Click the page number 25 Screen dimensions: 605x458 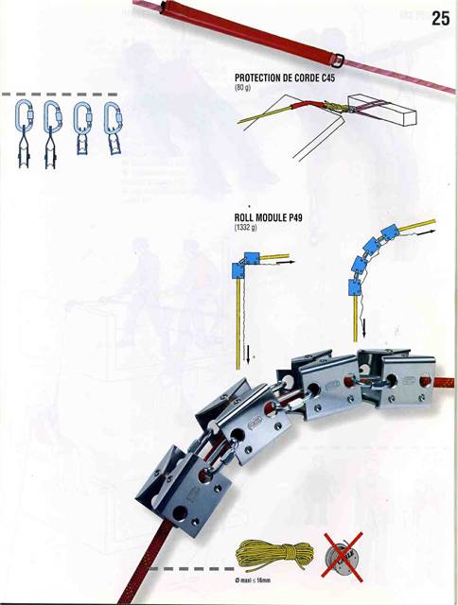[x=440, y=17]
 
